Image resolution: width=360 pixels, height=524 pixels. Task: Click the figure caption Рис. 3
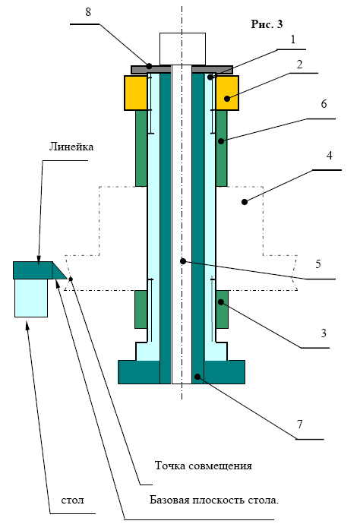[267, 24]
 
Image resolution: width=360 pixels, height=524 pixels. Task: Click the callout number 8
[88, 12]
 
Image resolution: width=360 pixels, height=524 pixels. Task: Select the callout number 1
[293, 39]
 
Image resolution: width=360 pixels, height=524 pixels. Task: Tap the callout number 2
[299, 64]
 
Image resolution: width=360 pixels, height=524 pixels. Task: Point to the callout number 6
[324, 104]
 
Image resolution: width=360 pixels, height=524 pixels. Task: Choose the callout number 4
[330, 156]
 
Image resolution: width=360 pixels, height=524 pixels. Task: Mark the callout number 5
[318, 264]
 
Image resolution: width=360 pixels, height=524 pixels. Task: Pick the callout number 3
[324, 333]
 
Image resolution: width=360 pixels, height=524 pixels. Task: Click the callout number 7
[300, 424]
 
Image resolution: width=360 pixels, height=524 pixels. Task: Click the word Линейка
[71, 147]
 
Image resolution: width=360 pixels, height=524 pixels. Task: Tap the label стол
[73, 500]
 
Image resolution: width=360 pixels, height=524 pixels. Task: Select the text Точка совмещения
[204, 466]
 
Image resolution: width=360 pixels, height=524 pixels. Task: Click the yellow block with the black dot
[227, 93]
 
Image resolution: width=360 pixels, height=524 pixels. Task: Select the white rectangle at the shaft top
[182, 49]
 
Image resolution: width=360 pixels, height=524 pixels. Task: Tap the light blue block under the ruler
[31, 298]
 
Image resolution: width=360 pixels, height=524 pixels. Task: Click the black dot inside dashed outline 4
[245, 202]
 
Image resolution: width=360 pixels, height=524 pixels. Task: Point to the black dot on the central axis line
[183, 261]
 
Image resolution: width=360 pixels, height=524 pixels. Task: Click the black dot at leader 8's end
[150, 65]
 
